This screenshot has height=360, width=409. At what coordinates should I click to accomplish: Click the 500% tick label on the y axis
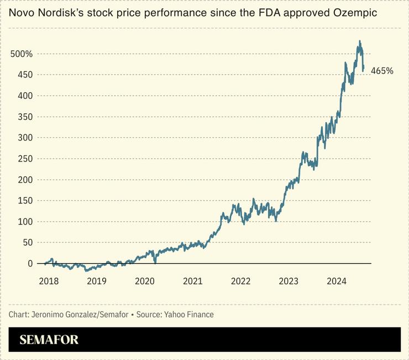22,54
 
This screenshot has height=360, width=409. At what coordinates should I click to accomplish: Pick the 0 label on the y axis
30,263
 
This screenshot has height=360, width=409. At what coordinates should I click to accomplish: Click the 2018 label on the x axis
49,281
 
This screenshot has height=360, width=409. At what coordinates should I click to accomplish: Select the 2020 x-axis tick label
145,281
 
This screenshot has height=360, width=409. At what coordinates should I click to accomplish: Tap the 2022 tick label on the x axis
241,281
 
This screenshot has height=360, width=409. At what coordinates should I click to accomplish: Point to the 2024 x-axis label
337,281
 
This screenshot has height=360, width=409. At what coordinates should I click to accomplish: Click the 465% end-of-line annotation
382,71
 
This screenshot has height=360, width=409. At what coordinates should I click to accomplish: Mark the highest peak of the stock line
360,41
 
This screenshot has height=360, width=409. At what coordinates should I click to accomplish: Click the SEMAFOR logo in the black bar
49,340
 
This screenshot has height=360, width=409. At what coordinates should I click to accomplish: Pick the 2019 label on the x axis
97,281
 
